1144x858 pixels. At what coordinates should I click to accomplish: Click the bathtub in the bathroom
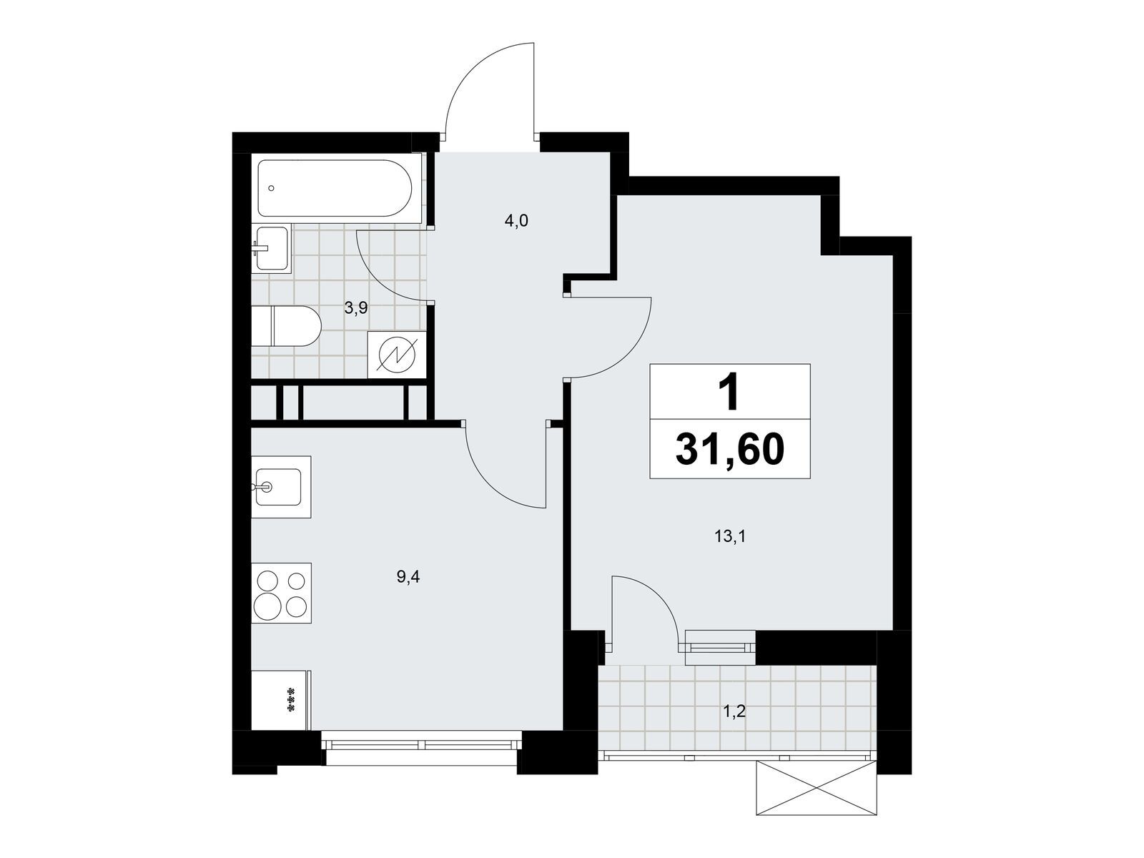[335, 188]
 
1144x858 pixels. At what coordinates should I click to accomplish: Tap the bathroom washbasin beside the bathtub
[270, 248]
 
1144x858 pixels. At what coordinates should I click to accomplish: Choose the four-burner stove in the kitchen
[281, 593]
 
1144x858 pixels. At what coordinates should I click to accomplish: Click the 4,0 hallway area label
[516, 221]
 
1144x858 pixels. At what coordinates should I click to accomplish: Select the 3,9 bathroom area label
[356, 308]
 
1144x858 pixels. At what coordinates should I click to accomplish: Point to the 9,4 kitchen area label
[408, 577]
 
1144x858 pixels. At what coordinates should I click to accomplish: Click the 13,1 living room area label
[730, 536]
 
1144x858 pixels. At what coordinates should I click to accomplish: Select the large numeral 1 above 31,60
[729, 393]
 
